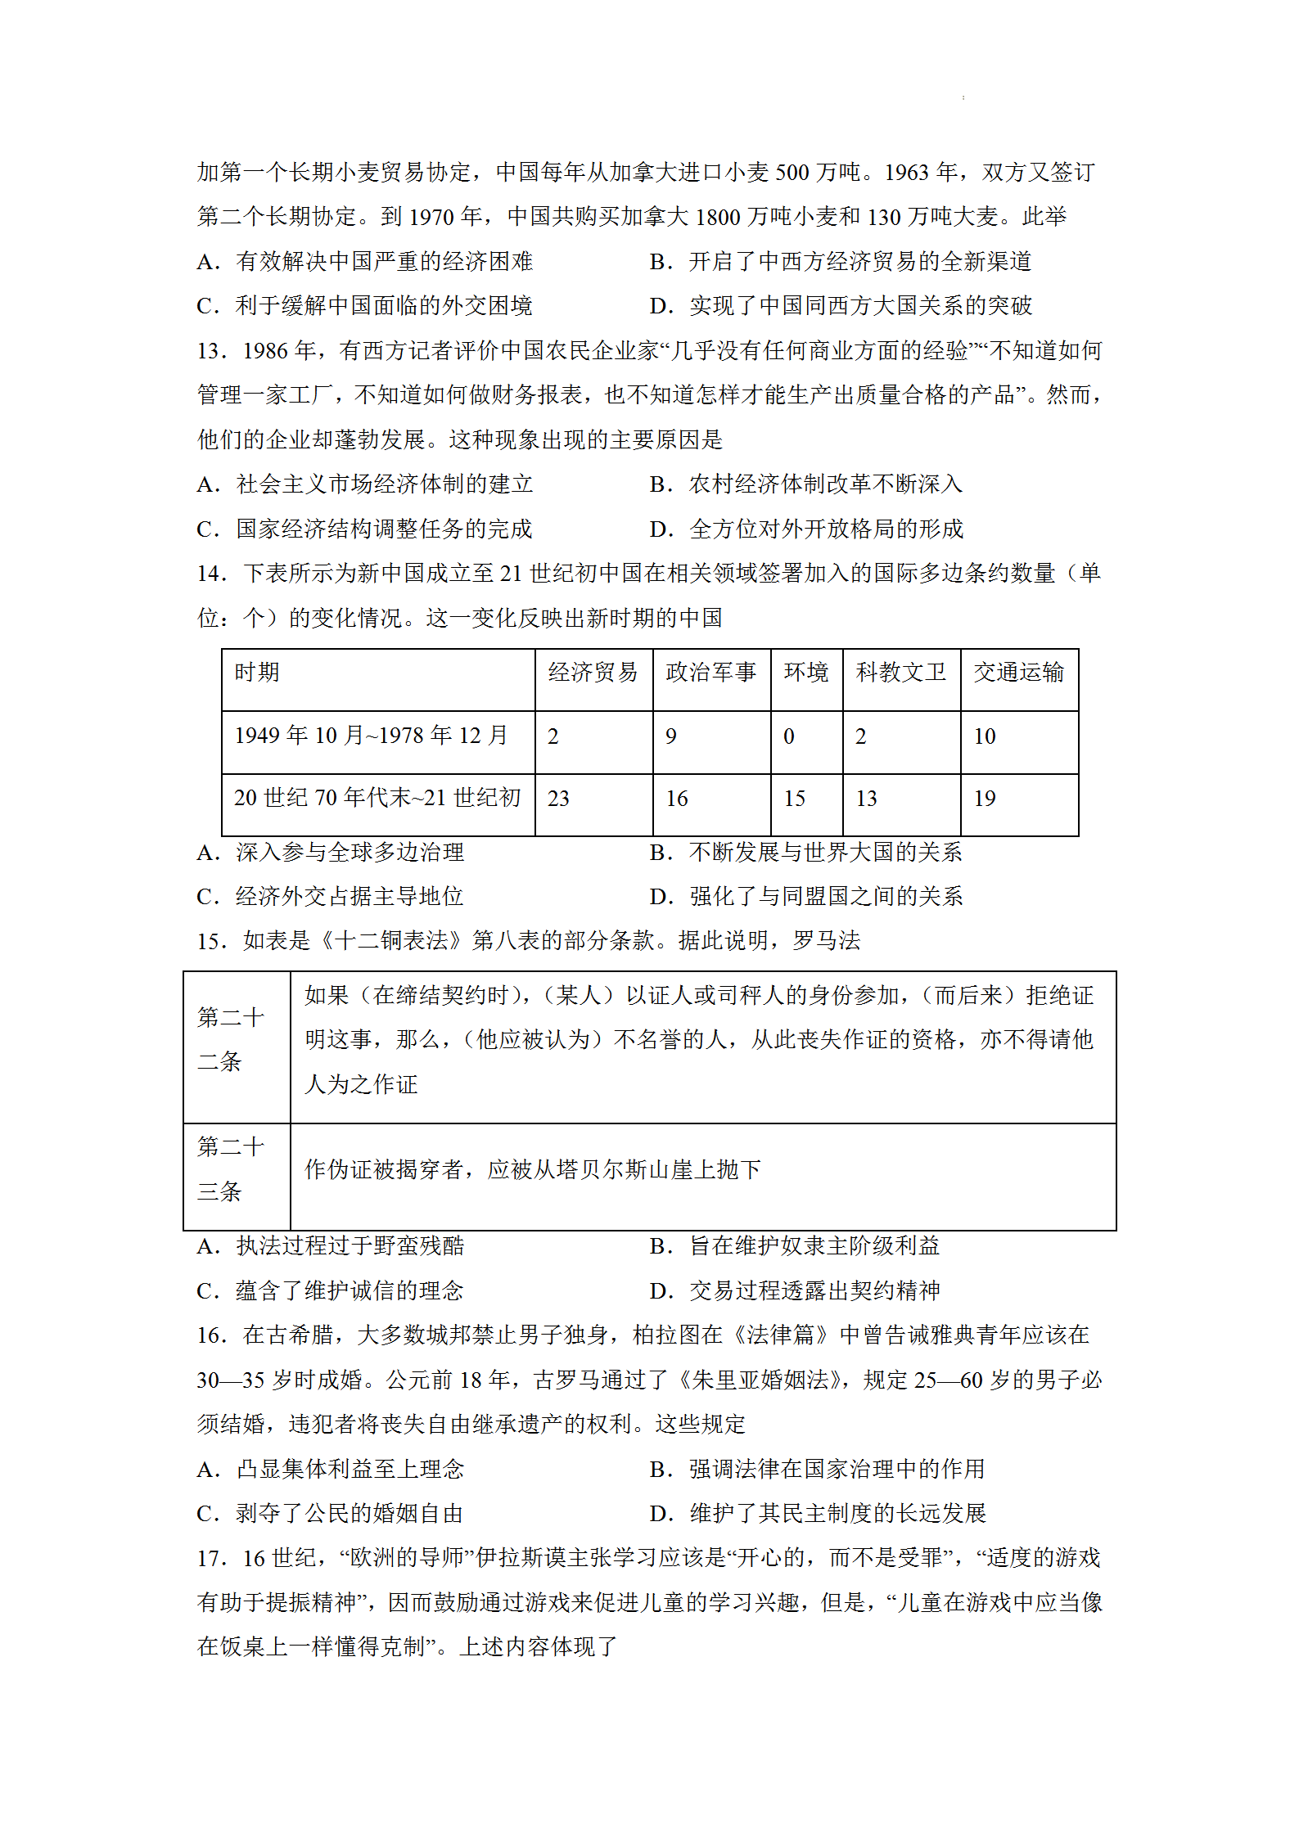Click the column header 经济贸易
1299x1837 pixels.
(x=593, y=673)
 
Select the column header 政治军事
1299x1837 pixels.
(x=710, y=673)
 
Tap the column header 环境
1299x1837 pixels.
(x=806, y=673)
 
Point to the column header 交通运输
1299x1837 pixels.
(x=1018, y=673)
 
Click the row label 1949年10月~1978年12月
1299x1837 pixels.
(x=371, y=736)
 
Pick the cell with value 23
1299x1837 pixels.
(x=558, y=799)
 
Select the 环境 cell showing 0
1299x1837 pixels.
(x=789, y=736)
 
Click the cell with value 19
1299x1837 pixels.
(x=985, y=799)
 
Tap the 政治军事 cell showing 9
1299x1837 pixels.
(x=671, y=736)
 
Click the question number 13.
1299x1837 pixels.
(x=211, y=351)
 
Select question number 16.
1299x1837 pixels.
(x=211, y=1335)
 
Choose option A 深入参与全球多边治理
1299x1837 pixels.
(x=331, y=853)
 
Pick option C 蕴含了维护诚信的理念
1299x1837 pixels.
(x=331, y=1291)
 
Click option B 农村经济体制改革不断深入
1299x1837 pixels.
(x=806, y=484)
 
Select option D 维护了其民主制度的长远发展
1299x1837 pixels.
(x=818, y=1514)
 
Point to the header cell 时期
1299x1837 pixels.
(x=257, y=673)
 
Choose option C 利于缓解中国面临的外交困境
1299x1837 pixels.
(x=365, y=306)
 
